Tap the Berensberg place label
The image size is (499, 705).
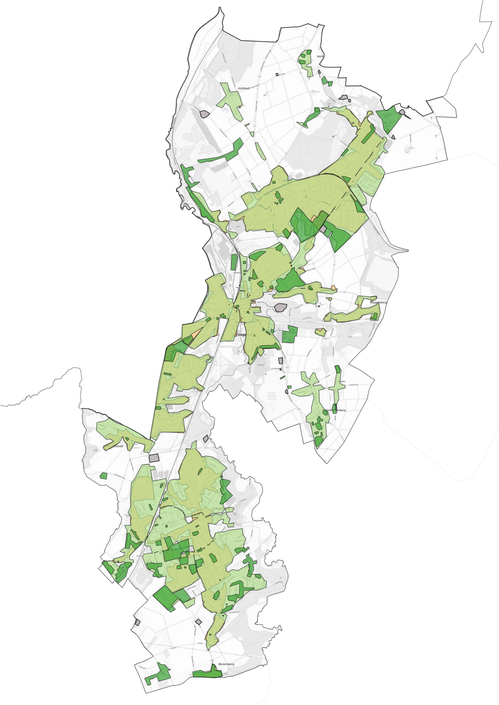pos(226,664)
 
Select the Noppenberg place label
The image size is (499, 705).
pos(378,302)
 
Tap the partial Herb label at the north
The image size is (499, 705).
pos(320,57)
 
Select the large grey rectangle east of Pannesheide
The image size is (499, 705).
pos(154,458)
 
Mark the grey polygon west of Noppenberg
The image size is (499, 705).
pos(281,307)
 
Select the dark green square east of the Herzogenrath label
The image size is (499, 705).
pos(289,334)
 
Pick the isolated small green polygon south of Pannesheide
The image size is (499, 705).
pos(103,476)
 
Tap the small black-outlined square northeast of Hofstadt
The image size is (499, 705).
pos(277,74)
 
